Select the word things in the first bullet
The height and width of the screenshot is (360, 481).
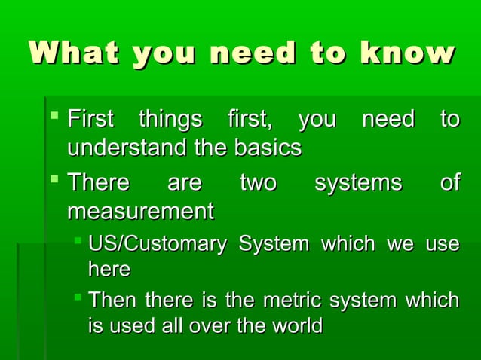pos(170,120)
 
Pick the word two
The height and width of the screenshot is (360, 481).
pos(258,183)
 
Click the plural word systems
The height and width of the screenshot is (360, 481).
pos(358,183)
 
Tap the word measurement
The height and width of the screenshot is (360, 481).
pos(140,211)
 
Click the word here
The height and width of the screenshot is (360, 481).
pos(109,269)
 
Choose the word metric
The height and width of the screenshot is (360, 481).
pos(290,301)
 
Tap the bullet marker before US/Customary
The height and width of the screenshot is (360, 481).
pos(78,243)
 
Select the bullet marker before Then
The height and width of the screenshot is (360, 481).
pos(78,299)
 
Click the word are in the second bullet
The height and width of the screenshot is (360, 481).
pos(185,183)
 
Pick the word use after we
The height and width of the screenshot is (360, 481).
pos(443,244)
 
